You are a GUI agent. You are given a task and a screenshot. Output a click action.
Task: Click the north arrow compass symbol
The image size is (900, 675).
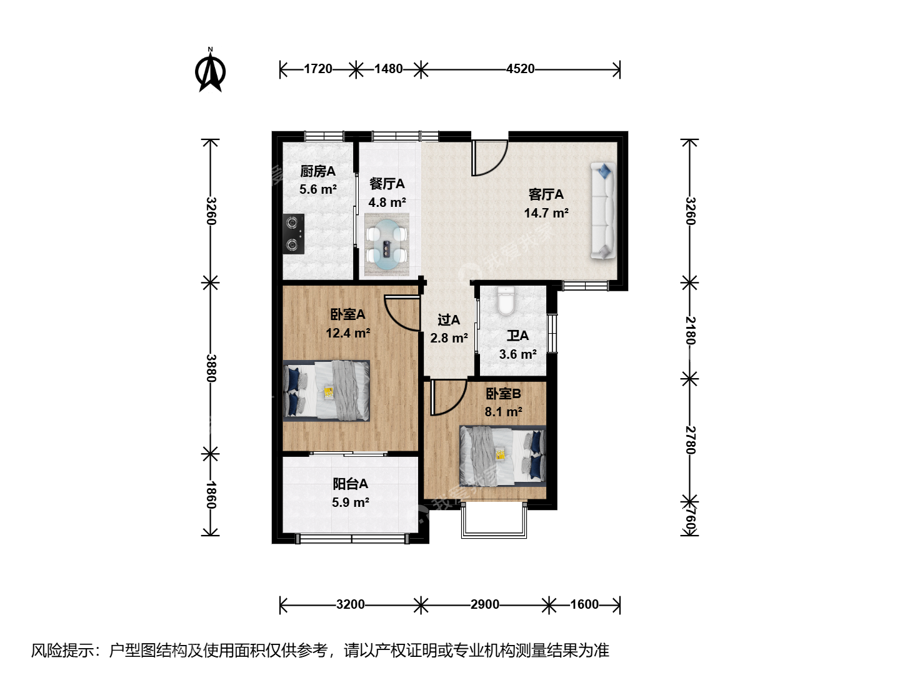[x=210, y=71]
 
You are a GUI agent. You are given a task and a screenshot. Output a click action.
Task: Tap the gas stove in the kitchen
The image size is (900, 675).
[x=294, y=234]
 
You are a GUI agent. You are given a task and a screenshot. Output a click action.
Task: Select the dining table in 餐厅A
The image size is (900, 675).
[x=387, y=244]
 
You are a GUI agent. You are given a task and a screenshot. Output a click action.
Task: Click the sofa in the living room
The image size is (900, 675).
[x=603, y=210]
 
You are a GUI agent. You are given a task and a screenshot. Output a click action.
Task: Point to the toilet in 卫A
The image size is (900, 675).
[x=506, y=301]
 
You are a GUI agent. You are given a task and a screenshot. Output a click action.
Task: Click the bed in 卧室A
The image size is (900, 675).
[x=326, y=391]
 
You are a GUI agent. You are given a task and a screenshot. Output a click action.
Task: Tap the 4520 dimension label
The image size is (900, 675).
[x=521, y=69]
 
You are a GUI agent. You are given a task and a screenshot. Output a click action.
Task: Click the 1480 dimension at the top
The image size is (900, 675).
[x=388, y=69]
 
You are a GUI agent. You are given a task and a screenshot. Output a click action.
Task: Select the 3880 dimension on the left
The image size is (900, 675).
[x=211, y=368]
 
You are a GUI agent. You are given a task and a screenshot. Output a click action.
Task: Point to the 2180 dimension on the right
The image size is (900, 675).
[x=690, y=331]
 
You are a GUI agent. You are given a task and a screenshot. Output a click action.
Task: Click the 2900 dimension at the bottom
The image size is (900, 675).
[x=484, y=604]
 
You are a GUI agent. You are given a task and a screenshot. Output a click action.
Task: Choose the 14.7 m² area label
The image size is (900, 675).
[x=546, y=213]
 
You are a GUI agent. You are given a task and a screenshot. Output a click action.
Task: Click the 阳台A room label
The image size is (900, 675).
[x=350, y=484]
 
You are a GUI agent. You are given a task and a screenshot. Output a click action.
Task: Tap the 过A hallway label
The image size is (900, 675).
[x=449, y=319]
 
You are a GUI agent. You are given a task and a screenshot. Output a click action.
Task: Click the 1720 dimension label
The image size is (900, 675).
[x=317, y=69]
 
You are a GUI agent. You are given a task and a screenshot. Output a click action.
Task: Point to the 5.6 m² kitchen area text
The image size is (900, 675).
[x=317, y=189]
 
